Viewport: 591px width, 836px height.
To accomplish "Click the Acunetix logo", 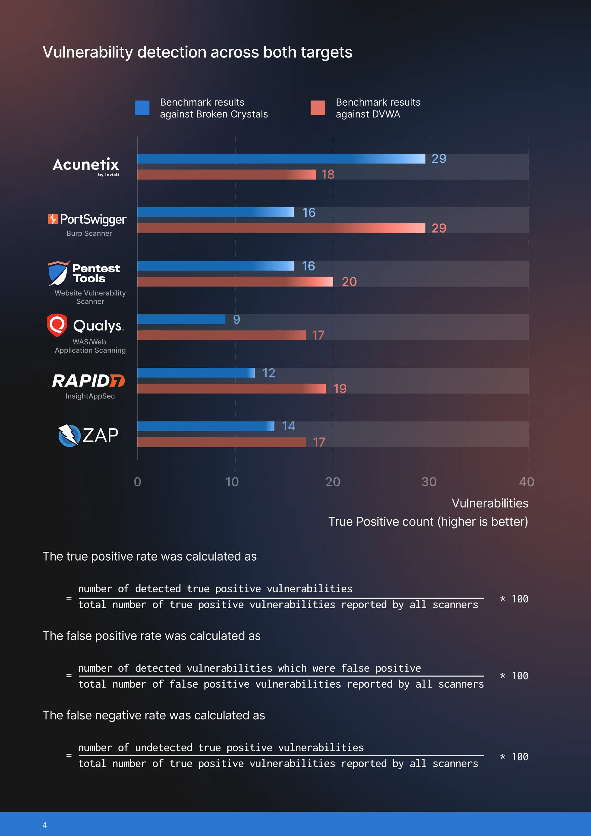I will (86, 166).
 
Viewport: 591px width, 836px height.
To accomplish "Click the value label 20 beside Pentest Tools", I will (349, 282).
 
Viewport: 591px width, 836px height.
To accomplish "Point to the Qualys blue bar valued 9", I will (181, 319).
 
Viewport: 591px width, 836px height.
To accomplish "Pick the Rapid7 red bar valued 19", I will (231, 389).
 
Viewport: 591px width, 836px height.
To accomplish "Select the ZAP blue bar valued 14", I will (206, 426).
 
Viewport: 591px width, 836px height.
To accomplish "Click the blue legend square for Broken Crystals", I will (142, 108).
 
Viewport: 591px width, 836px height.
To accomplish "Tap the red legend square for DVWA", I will (318, 108).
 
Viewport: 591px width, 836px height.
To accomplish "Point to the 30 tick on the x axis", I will (429, 482).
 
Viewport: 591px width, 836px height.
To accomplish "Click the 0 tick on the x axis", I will (138, 482).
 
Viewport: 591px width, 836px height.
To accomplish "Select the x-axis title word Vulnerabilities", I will (490, 503).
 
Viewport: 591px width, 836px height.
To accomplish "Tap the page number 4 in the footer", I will (45, 825).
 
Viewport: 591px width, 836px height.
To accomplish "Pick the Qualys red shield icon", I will (57, 325).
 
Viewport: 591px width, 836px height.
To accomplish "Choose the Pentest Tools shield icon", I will (58, 273).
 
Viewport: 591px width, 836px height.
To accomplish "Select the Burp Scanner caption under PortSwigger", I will (89, 234).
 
